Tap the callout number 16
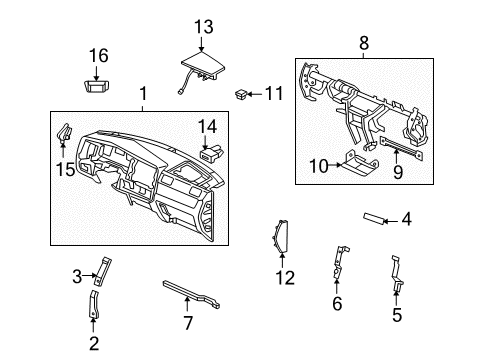98,56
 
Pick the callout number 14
207,126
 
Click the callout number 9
398,172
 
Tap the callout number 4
406,218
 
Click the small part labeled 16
98,85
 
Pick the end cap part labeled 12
282,240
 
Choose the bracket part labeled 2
96,305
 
